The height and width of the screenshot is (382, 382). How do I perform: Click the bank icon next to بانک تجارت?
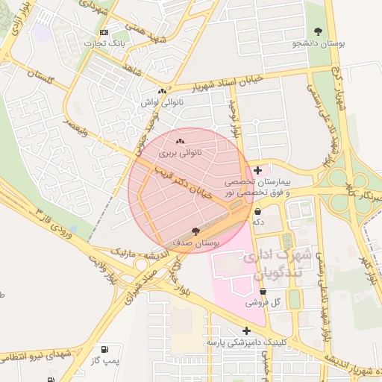(104, 32)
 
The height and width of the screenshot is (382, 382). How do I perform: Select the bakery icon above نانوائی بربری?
(180, 141)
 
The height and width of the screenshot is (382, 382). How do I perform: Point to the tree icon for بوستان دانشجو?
(319, 32)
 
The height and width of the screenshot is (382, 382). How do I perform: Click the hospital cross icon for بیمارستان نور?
(257, 171)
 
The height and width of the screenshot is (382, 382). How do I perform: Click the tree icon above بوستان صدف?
(195, 231)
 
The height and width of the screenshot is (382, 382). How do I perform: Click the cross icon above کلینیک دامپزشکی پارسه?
(247, 331)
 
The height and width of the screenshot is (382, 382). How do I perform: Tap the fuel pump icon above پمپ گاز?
(104, 349)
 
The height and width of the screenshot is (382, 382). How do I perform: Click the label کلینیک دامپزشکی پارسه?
(247, 342)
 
